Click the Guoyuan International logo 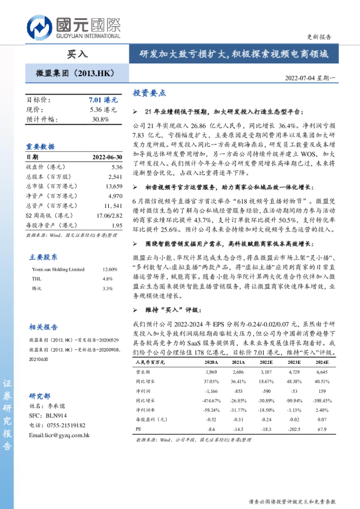tap(73, 28)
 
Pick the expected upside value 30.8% tap(100, 119)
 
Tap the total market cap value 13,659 tap(113, 186)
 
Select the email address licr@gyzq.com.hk tap(60, 435)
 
